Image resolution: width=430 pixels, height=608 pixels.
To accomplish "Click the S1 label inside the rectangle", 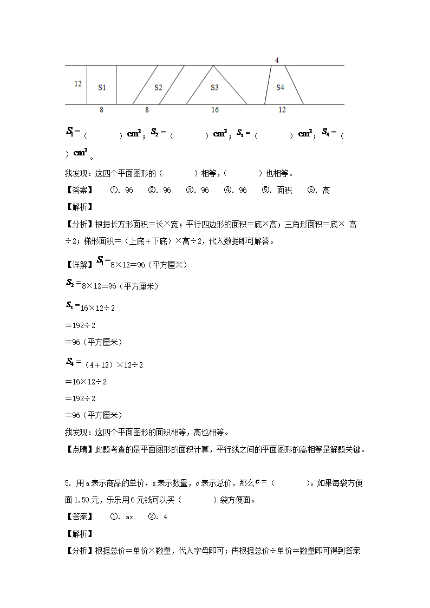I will coord(102,87).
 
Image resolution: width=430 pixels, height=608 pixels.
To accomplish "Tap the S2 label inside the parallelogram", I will coord(158,87).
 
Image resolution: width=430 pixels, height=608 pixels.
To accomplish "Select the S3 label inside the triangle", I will coord(214,87).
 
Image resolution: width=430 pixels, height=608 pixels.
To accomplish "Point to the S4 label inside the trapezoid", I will coord(280,87).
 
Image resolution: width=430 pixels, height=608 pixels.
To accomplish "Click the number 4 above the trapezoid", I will coord(277,60).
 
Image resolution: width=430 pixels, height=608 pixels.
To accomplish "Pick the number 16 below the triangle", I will coord(215,110).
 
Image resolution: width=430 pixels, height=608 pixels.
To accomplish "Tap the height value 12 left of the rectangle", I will coord(78,84).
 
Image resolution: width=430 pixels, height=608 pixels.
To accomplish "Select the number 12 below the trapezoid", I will coord(282,110).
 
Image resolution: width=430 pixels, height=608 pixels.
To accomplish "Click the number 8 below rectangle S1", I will coord(101,110).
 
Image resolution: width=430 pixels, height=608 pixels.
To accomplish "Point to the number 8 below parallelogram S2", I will coord(147,110).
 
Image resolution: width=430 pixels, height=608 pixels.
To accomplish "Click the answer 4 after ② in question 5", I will coord(165,517).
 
